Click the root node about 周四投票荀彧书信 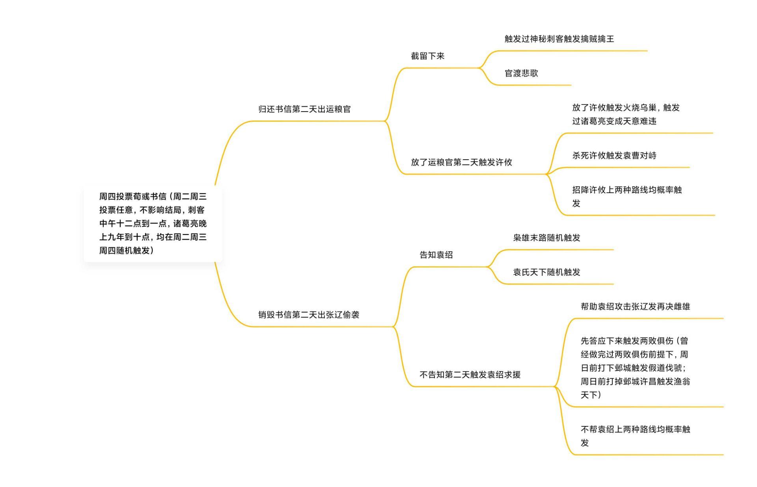click(153, 223)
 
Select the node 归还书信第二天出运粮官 click(304, 109)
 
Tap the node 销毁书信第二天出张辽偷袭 click(309, 315)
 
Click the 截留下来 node click(427, 56)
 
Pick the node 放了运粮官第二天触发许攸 click(461, 162)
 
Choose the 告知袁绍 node click(436, 255)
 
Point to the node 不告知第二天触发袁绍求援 click(470, 375)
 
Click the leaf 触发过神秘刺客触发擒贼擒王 click(559, 39)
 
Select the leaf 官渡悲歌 click(521, 73)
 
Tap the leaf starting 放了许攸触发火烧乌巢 click(626, 114)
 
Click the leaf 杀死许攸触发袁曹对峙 click(614, 156)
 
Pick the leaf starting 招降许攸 click(627, 196)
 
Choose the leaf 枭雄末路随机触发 click(546, 238)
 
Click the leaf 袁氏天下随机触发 click(546, 272)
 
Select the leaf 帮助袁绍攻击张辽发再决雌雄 click(635, 307)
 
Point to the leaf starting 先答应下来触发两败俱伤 click(635, 368)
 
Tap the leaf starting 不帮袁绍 click(635, 436)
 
